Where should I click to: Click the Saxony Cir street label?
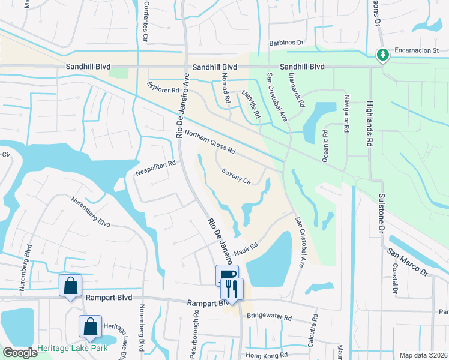point(235,176)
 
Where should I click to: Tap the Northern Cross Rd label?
point(209,143)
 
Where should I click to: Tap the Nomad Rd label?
point(226,88)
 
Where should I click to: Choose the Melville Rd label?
point(252,104)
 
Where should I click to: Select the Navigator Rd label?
point(346,113)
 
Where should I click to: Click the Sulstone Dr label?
point(381,214)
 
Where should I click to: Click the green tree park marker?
point(382,55)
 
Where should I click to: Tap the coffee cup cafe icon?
point(227,275)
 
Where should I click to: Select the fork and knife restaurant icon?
point(232,288)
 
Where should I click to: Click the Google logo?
point(19,353)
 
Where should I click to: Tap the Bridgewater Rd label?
point(269,316)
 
